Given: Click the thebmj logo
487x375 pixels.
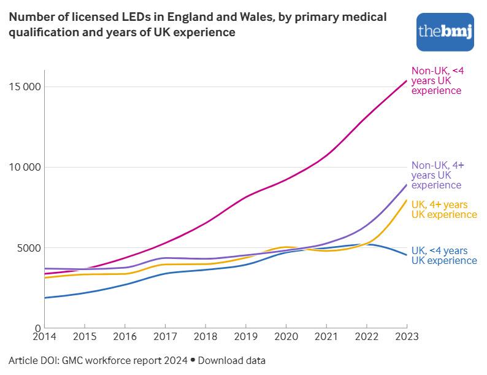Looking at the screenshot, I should click(x=445, y=31).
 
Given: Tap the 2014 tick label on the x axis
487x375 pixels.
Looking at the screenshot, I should click(x=45, y=336).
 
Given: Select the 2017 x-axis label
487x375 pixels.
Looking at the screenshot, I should click(x=165, y=336).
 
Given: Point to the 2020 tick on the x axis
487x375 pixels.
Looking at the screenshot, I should click(x=286, y=336).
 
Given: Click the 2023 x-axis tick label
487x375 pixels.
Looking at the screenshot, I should click(x=406, y=336).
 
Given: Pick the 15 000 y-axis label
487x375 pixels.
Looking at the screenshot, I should click(x=25, y=87).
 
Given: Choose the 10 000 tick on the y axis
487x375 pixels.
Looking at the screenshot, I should click(x=25, y=167).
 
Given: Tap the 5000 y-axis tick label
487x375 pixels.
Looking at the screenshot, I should click(x=28, y=248).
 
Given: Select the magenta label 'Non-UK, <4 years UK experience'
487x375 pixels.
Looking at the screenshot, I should click(x=436, y=80).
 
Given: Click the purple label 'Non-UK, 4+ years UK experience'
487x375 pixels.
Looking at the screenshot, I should click(x=437, y=175).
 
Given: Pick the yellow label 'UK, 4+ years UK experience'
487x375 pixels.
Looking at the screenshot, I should click(x=443, y=209).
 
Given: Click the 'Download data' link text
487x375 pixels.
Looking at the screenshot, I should click(x=231, y=360).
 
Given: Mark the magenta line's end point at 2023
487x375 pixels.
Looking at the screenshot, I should click(x=407, y=80).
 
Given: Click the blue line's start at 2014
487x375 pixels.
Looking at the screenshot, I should click(x=45, y=298).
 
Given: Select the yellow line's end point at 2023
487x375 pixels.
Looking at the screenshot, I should click(x=407, y=200).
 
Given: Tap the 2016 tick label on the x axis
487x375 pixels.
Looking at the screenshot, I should click(x=125, y=336).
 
